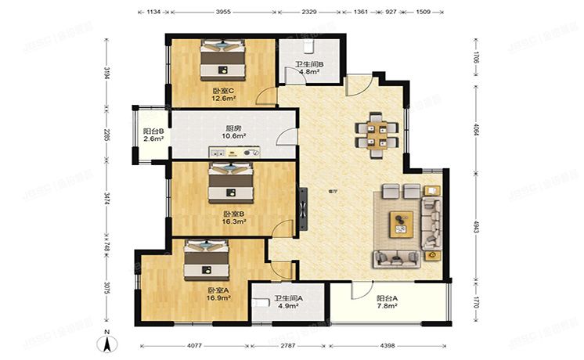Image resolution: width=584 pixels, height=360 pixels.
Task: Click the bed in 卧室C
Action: [x=224, y=60]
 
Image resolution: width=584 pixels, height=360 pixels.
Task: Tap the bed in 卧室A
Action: [x=207, y=259]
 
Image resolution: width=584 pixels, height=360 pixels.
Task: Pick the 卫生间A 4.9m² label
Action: [x=288, y=302]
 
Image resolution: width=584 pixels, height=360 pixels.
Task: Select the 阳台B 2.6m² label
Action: [x=153, y=135]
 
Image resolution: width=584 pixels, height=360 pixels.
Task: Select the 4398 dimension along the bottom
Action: [x=393, y=344]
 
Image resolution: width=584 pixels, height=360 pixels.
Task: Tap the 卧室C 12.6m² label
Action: [x=224, y=95]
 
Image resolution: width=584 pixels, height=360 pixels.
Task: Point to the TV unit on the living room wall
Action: [x=301, y=206]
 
